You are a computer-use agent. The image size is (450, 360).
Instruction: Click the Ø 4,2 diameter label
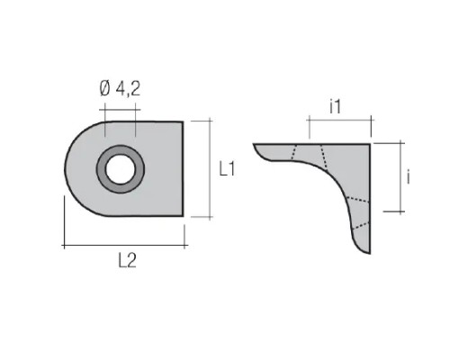click(x=120, y=89)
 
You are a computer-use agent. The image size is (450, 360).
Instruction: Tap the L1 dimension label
click(x=228, y=168)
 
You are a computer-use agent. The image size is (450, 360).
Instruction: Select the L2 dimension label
click(x=128, y=260)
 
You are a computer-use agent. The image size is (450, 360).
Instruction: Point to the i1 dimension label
click(x=336, y=107)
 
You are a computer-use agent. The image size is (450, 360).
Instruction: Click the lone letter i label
click(x=408, y=176)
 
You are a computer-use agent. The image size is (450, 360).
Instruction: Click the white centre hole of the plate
click(x=121, y=169)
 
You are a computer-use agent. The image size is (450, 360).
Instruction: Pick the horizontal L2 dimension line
click(x=124, y=246)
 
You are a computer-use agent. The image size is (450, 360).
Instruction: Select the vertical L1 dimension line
click(x=210, y=168)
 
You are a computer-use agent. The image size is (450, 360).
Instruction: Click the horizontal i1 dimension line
click(x=340, y=120)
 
